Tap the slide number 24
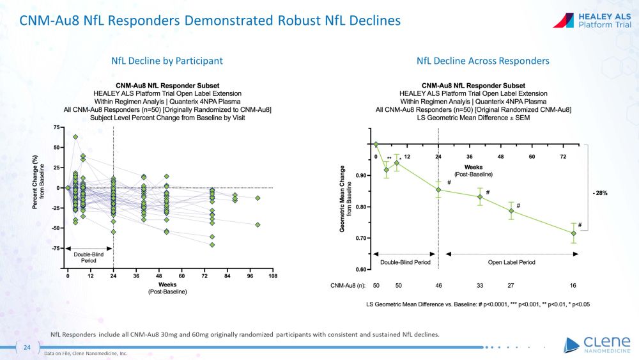[x=27, y=347]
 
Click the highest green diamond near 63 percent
[x=75, y=137]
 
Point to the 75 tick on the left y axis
[x=56, y=128]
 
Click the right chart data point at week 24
[x=438, y=190]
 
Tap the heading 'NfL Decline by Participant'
[x=167, y=61]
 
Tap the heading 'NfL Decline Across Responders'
[x=482, y=61]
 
